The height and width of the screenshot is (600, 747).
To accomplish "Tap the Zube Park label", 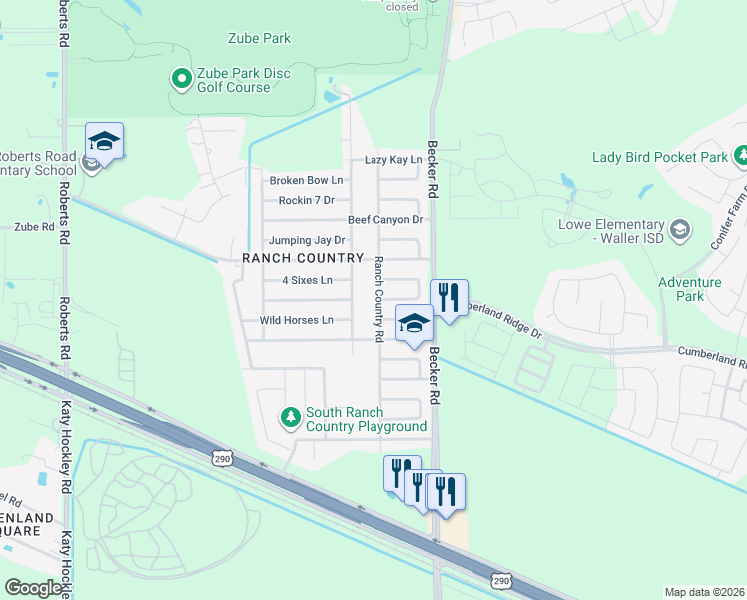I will click(258, 39).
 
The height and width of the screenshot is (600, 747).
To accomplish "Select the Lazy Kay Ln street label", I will click(393, 160).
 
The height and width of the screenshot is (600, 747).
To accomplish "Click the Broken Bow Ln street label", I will click(306, 181).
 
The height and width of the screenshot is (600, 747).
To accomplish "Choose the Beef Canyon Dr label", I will click(385, 220).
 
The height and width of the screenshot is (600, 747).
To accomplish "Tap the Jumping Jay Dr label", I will click(306, 241).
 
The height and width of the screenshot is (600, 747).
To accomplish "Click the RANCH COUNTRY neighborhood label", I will click(303, 258).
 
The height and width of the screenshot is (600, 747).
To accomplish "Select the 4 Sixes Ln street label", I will click(307, 281).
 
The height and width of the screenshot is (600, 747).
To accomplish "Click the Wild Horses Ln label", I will click(296, 321).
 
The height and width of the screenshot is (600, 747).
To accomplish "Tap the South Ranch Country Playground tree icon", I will click(290, 416).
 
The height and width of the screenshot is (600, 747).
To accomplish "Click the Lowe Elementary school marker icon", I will click(679, 230).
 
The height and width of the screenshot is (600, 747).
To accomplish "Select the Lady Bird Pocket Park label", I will click(660, 158).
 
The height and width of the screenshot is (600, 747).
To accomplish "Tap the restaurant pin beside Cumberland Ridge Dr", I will click(449, 297).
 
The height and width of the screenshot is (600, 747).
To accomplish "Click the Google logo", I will click(33, 588).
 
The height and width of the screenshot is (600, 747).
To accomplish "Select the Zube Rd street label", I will click(34, 227).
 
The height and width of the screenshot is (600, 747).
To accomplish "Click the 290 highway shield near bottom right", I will click(501, 581).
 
